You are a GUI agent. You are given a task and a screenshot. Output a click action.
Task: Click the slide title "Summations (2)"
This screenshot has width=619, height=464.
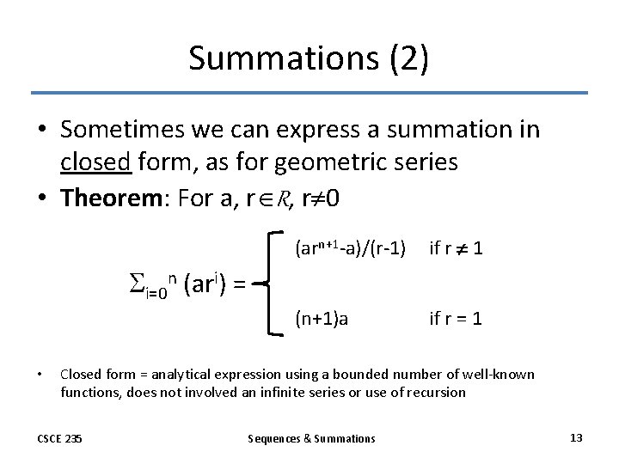point(309,58)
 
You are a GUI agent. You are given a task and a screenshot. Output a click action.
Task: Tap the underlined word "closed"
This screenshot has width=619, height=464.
point(96,162)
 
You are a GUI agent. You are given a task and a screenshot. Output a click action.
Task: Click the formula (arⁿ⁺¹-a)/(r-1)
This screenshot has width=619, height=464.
point(350,249)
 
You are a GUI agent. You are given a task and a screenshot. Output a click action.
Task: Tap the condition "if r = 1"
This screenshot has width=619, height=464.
point(456,319)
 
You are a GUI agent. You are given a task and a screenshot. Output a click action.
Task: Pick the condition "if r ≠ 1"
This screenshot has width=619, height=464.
point(456,249)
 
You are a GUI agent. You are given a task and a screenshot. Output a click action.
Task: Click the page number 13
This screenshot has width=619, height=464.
point(576,437)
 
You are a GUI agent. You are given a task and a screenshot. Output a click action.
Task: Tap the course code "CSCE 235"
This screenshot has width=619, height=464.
point(59,438)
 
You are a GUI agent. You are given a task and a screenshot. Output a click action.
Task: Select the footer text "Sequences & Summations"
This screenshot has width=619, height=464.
point(311,438)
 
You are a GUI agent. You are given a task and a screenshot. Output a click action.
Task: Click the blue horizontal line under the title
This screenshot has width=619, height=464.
point(309,93)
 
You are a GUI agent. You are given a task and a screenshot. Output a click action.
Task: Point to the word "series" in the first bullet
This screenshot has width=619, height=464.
point(426,162)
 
